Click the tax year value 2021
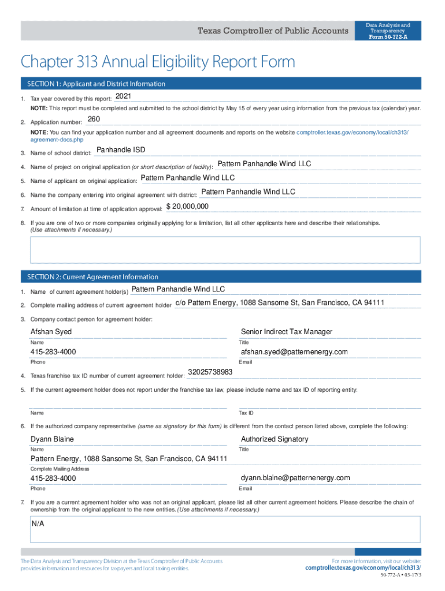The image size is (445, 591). click(123, 96)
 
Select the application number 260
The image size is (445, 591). click(94, 119)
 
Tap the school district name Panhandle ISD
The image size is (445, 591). click(121, 150)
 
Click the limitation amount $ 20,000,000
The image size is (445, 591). click(187, 207)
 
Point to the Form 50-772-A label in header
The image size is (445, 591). click(388, 37)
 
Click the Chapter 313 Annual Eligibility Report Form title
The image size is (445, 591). click(158, 62)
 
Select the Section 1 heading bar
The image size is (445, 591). click(220, 84)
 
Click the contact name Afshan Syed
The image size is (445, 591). click(51, 332)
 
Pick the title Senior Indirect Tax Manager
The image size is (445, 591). click(287, 332)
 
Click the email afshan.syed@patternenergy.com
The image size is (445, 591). click(294, 352)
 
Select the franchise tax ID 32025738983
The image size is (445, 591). click(210, 372)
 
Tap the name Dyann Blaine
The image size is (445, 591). click(52, 439)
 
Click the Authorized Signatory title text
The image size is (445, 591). click(275, 439)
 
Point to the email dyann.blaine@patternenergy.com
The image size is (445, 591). click(295, 478)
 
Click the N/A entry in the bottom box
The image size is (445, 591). click(38, 523)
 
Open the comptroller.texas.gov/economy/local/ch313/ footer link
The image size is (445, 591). click(363, 568)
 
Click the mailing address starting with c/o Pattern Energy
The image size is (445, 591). click(280, 303)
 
